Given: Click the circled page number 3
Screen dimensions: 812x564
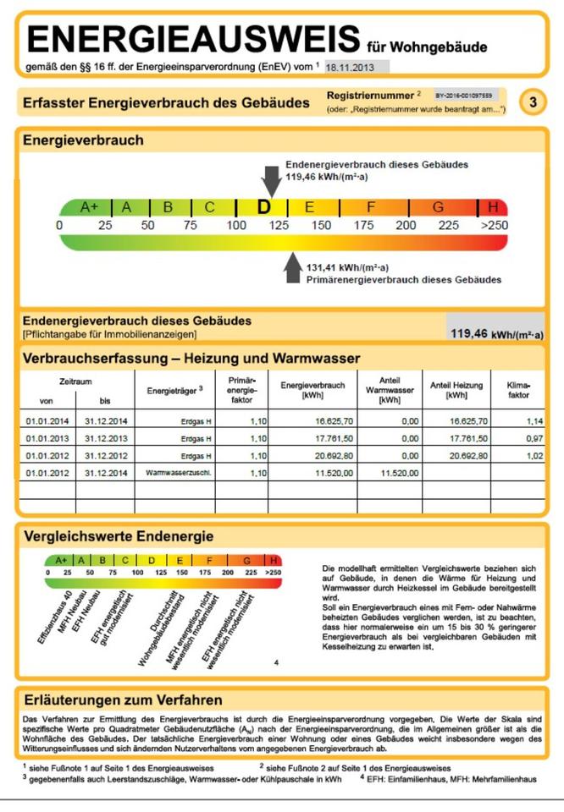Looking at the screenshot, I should coord(533,102).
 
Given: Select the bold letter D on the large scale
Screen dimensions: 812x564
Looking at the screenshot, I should coord(264,206).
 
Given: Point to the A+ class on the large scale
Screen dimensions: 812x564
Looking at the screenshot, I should coord(89,206).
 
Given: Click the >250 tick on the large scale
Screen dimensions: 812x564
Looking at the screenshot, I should coord(494,226).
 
